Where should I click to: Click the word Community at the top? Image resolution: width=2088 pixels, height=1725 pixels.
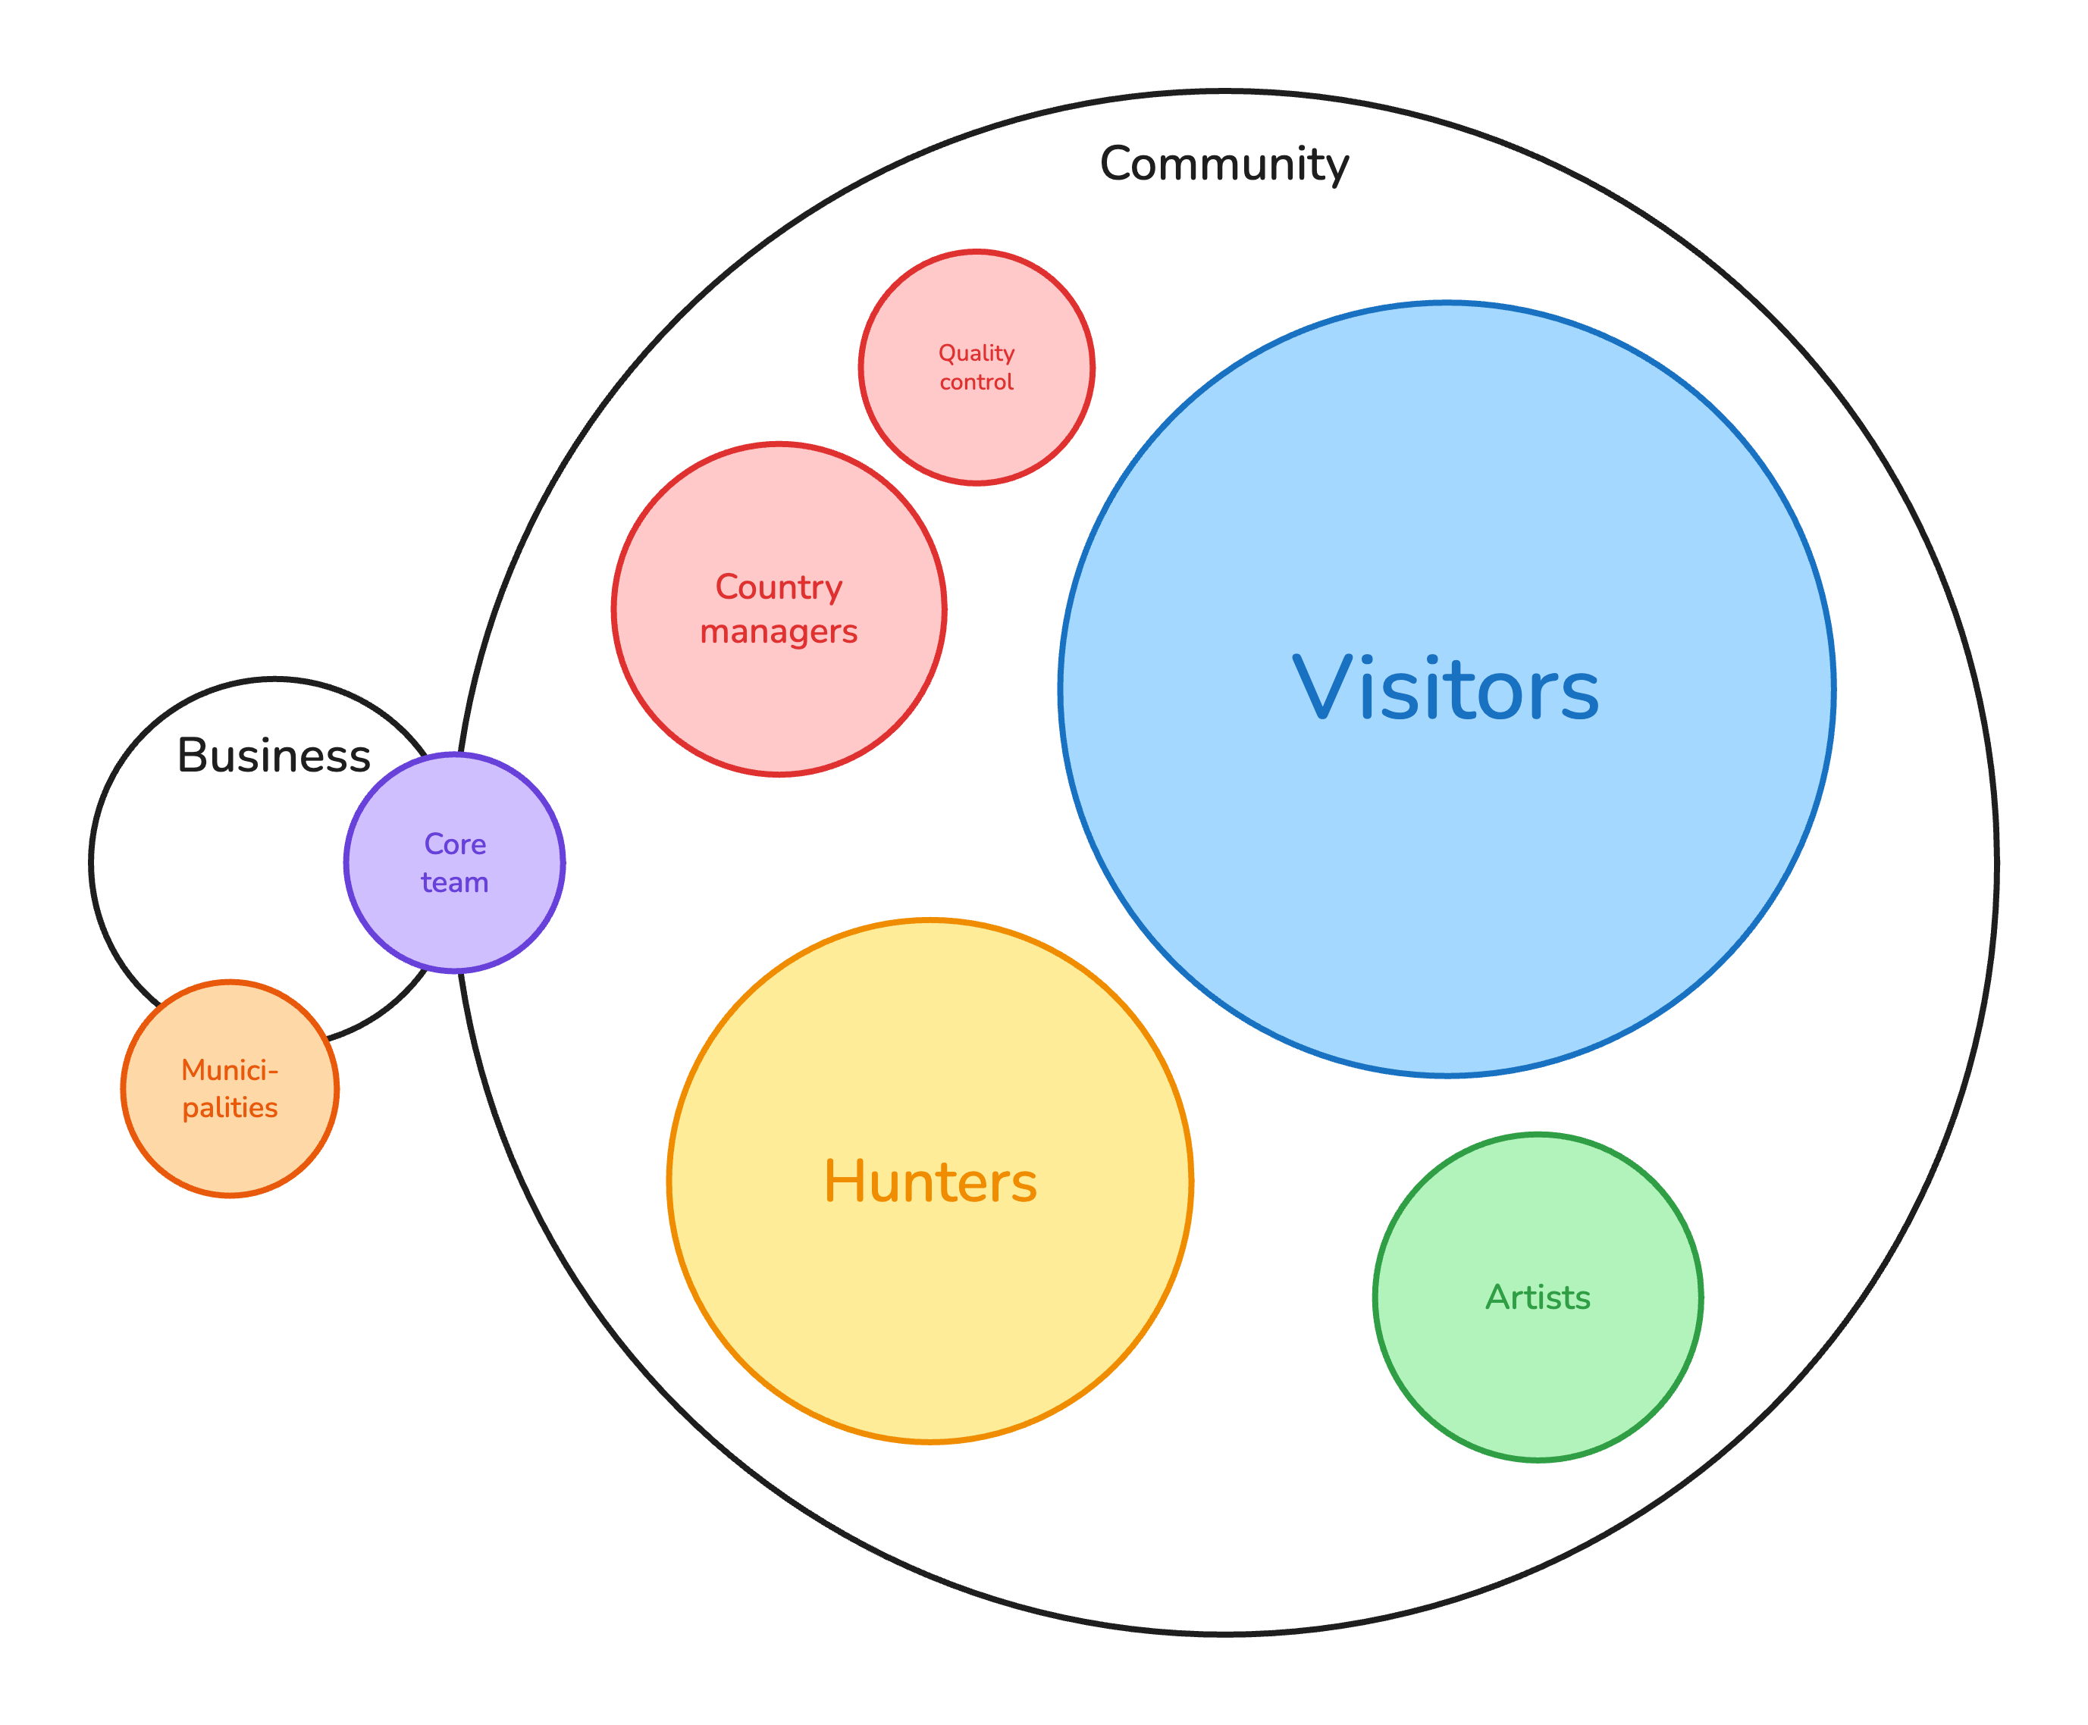(x=1224, y=164)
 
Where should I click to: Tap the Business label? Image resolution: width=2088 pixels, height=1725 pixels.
(x=273, y=755)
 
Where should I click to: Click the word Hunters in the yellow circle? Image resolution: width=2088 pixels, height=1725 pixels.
(x=930, y=1182)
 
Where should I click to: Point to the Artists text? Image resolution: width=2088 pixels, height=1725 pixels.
(x=1538, y=1297)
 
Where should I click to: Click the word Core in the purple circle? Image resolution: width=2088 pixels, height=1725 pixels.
(x=455, y=844)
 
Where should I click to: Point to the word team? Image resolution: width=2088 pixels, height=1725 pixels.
(x=454, y=882)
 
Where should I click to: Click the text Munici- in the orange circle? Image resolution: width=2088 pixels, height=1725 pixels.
(x=230, y=1070)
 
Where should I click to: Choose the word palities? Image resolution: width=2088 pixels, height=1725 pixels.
(x=230, y=1108)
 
